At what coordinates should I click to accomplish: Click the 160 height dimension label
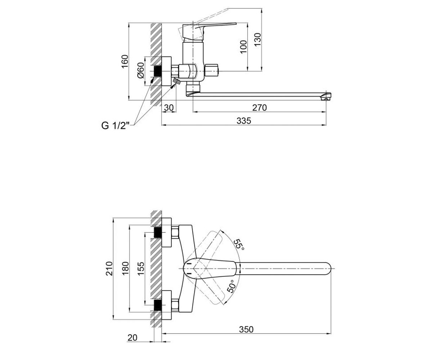[x=125, y=62]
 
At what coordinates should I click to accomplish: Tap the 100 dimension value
[x=244, y=47]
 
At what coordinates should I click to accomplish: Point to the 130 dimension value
[x=258, y=40]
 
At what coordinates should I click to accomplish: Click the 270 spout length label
[x=260, y=108]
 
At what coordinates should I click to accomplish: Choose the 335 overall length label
[x=244, y=121]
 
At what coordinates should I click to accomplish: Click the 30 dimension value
[x=169, y=108]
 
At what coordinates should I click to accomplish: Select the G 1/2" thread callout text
[x=116, y=126]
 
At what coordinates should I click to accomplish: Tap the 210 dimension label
[x=109, y=269]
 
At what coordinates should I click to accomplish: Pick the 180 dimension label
[x=125, y=269]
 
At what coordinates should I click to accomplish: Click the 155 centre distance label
[x=141, y=269]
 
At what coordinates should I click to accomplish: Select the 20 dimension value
[x=132, y=344]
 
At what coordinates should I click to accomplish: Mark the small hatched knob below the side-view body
[x=177, y=81]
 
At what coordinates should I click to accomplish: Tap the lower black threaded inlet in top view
[x=158, y=305]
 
